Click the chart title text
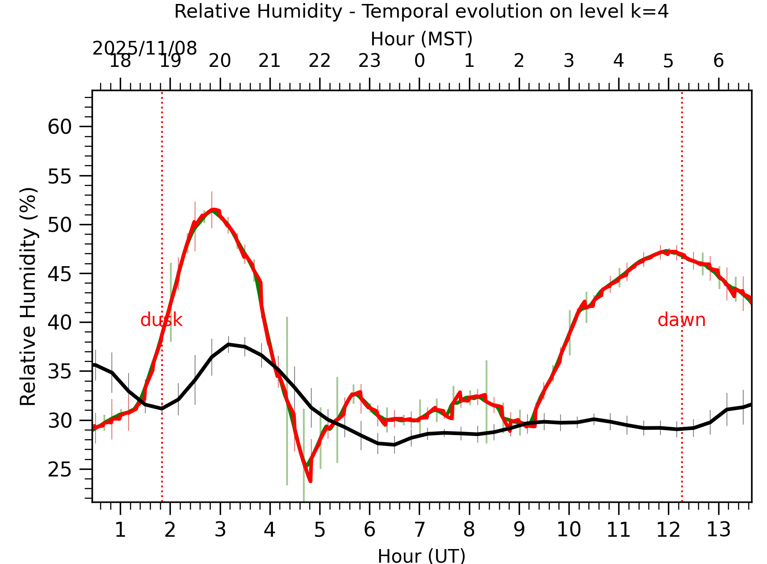coord(421,11)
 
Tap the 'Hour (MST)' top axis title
coord(421,39)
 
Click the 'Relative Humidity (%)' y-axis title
coord(29,297)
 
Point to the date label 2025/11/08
coord(144,48)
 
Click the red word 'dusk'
coord(161,320)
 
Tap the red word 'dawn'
coord(681,320)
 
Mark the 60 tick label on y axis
coord(59,127)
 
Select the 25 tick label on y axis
coord(59,470)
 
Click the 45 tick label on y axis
coord(59,274)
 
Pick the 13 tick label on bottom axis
coord(719,530)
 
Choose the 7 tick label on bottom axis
coord(419,530)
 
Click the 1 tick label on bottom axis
coord(120,530)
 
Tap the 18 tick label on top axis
coord(120,61)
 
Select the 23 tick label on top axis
coord(369,61)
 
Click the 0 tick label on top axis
coord(419,61)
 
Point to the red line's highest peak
coord(213,210)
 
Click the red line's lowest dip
coord(310,481)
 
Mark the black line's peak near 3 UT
coord(228,344)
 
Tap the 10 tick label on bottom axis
coord(569,530)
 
